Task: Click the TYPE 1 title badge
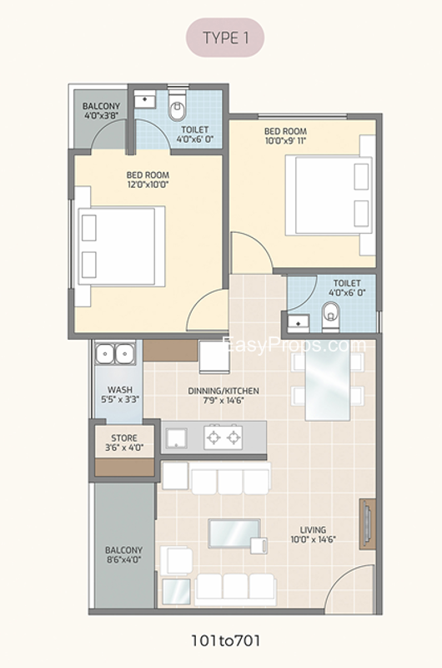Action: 225,38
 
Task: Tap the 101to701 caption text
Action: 225,640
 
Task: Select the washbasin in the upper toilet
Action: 145,101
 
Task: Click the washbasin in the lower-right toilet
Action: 299,323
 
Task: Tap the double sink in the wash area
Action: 115,353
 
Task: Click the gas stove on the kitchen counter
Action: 223,437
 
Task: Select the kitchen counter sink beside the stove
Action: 177,438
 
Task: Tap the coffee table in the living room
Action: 235,533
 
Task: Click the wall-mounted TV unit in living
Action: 368,524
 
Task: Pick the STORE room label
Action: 124,438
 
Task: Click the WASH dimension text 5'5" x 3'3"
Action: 120,400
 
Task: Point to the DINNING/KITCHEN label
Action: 224,391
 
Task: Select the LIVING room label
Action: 313,530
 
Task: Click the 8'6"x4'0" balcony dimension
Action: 123,559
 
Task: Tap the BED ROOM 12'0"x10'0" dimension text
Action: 148,185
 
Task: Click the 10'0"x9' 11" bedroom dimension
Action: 285,140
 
